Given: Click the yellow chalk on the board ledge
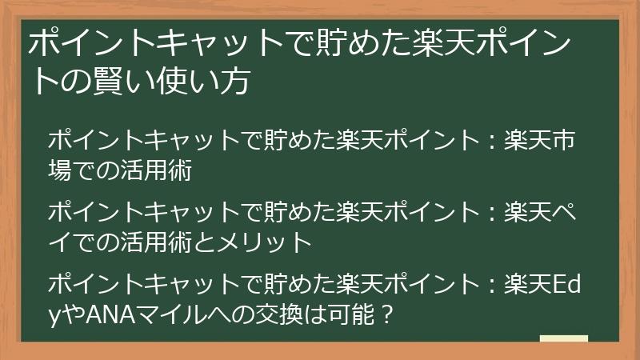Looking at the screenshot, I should [x=563, y=338].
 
